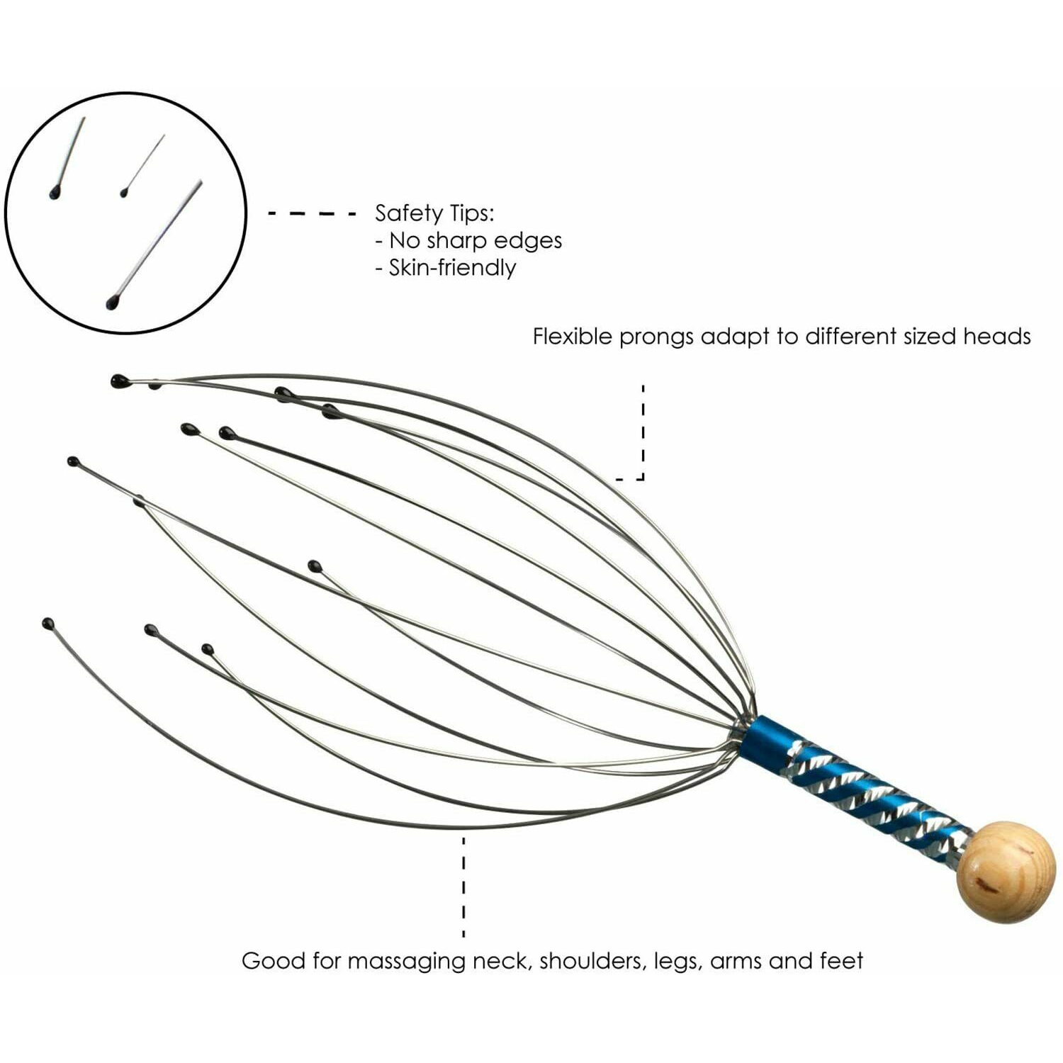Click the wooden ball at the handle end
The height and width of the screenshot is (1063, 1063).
[1006, 872]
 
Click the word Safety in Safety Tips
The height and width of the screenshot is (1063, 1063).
[407, 213]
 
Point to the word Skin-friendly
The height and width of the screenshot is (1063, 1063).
[452, 268]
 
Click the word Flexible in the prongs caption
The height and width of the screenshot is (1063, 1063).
[573, 336]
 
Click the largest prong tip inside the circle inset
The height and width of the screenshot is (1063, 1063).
[112, 303]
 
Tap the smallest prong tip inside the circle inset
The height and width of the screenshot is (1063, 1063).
[124, 192]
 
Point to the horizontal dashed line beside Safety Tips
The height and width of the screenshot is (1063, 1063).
[312, 213]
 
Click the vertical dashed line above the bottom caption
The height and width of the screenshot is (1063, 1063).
[464, 886]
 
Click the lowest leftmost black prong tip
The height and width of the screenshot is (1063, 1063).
[48, 624]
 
